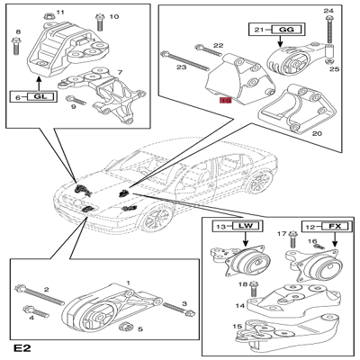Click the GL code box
(41, 97)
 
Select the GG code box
(286, 30)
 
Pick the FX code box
(335, 226)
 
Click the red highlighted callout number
(225, 101)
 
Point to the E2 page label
(22, 348)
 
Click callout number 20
(317, 133)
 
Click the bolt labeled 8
(16, 46)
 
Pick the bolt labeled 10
(100, 22)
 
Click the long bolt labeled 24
(328, 30)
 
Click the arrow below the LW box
(246, 238)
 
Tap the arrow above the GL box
(39, 83)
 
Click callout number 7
(120, 72)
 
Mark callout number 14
(240, 306)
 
